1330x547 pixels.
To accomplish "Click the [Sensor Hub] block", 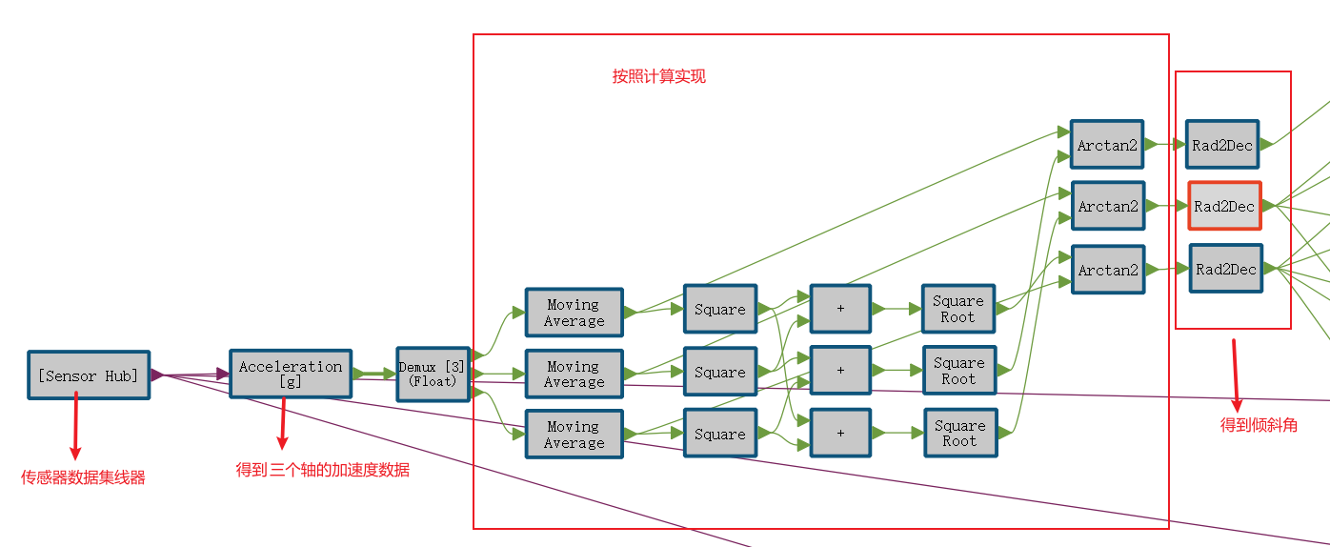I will click(x=89, y=375).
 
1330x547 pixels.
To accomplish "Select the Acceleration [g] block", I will click(x=291, y=374).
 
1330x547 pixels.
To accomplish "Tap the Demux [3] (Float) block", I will click(x=433, y=374).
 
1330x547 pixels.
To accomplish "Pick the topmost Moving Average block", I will click(x=574, y=313).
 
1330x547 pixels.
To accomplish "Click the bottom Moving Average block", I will click(x=574, y=435).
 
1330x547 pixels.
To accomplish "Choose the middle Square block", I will click(x=720, y=372).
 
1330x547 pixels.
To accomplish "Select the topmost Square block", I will click(x=720, y=309).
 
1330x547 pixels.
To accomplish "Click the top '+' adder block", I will click(x=840, y=309).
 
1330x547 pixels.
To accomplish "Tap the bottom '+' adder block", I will click(x=840, y=433).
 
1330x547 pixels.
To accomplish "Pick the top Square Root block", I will click(x=958, y=309).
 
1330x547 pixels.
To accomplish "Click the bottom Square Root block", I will click(x=960, y=433).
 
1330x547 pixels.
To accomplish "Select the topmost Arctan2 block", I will click(x=1107, y=145).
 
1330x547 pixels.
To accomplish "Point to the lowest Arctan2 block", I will click(x=1108, y=270).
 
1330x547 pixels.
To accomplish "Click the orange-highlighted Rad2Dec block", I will click(x=1224, y=206).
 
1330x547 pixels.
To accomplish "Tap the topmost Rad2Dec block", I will click(x=1222, y=145).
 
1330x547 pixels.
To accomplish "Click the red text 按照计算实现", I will click(x=659, y=76).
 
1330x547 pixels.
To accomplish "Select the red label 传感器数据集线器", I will click(x=84, y=477).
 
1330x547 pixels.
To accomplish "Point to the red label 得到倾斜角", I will click(x=1259, y=425).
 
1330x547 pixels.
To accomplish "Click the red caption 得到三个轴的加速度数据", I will click(x=323, y=470).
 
